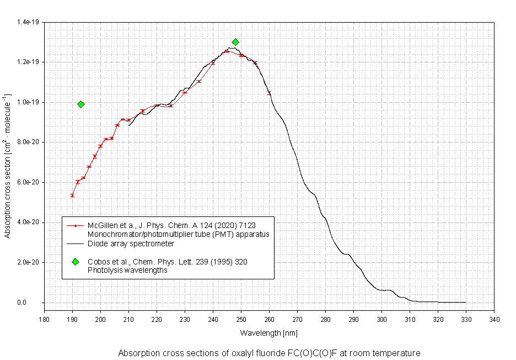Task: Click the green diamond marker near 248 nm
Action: [235, 42]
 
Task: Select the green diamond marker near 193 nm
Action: [81, 104]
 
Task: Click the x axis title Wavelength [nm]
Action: [268, 333]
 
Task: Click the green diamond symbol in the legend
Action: [75, 262]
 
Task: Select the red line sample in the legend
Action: [75, 226]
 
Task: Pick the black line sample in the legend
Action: [75, 243]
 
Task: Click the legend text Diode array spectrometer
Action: [131, 243]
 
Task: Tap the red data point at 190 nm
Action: [72, 195]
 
